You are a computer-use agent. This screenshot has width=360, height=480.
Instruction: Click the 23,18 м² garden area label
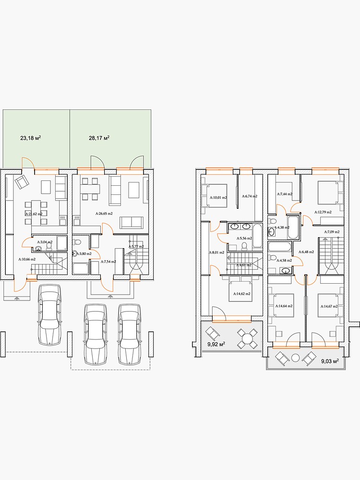pyautogui.click(x=30, y=138)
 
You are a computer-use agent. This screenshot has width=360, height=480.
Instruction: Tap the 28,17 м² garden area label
pyautogui.click(x=99, y=138)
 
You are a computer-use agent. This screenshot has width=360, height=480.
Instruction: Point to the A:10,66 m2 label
pyautogui.click(x=27, y=259)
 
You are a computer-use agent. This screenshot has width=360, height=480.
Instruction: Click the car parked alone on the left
pyautogui.click(x=49, y=314)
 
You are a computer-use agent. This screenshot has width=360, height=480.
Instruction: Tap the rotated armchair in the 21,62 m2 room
pyautogui.click(x=21, y=182)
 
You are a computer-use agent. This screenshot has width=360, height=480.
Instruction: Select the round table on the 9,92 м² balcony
pyautogui.click(x=247, y=339)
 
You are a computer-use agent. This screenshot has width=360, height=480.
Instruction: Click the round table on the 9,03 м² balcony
pyautogui.click(x=296, y=357)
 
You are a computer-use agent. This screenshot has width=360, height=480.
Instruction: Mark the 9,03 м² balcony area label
pyautogui.click(x=329, y=361)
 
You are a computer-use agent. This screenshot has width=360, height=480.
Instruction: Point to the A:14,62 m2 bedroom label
pyautogui.click(x=242, y=294)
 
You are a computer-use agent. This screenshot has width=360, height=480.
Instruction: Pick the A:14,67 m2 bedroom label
pyautogui.click(x=328, y=306)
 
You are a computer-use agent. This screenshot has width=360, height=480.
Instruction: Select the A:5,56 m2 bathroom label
pyautogui.click(x=244, y=238)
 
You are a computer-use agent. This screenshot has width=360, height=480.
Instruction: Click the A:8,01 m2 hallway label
pyautogui.click(x=216, y=252)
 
